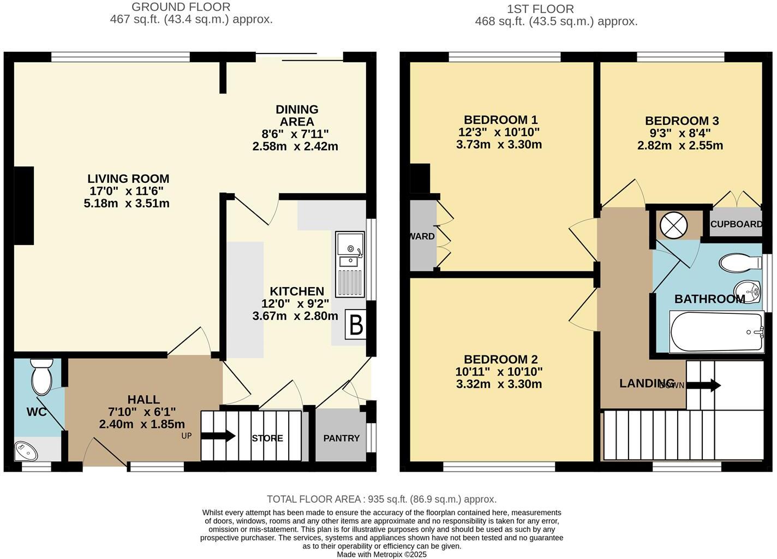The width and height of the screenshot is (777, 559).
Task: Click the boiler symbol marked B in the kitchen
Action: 356,326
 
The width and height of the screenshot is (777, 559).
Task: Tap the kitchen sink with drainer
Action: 350,264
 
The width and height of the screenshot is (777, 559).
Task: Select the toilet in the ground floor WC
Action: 41,377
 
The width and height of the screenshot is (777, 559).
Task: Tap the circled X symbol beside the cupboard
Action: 670,225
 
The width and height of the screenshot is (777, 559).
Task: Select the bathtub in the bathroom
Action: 716,332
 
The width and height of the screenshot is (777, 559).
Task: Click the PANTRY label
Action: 342,438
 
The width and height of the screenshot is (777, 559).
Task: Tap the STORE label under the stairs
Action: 267,438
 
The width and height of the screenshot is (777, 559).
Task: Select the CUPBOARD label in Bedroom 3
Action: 736,224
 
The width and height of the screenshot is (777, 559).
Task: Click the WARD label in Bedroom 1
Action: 422,236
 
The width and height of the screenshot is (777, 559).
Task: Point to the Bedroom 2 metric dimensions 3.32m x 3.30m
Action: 499,384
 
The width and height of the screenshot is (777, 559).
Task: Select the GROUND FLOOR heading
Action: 181,7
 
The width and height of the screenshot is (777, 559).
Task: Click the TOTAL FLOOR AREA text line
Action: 381,499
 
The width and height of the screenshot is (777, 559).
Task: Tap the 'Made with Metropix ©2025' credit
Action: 381,554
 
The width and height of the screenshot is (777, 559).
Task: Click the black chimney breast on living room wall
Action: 24,205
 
